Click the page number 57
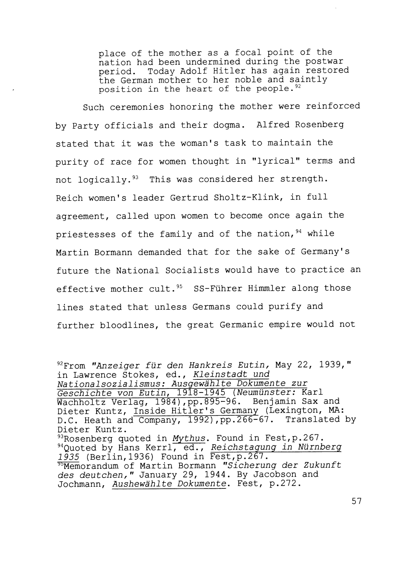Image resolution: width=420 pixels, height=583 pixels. [x=356, y=501]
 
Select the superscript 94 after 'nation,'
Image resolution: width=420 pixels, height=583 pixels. [x=298, y=231]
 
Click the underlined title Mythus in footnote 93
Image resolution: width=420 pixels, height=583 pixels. [x=189, y=438]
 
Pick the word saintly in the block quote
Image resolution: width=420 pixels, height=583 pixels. [x=308, y=80]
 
